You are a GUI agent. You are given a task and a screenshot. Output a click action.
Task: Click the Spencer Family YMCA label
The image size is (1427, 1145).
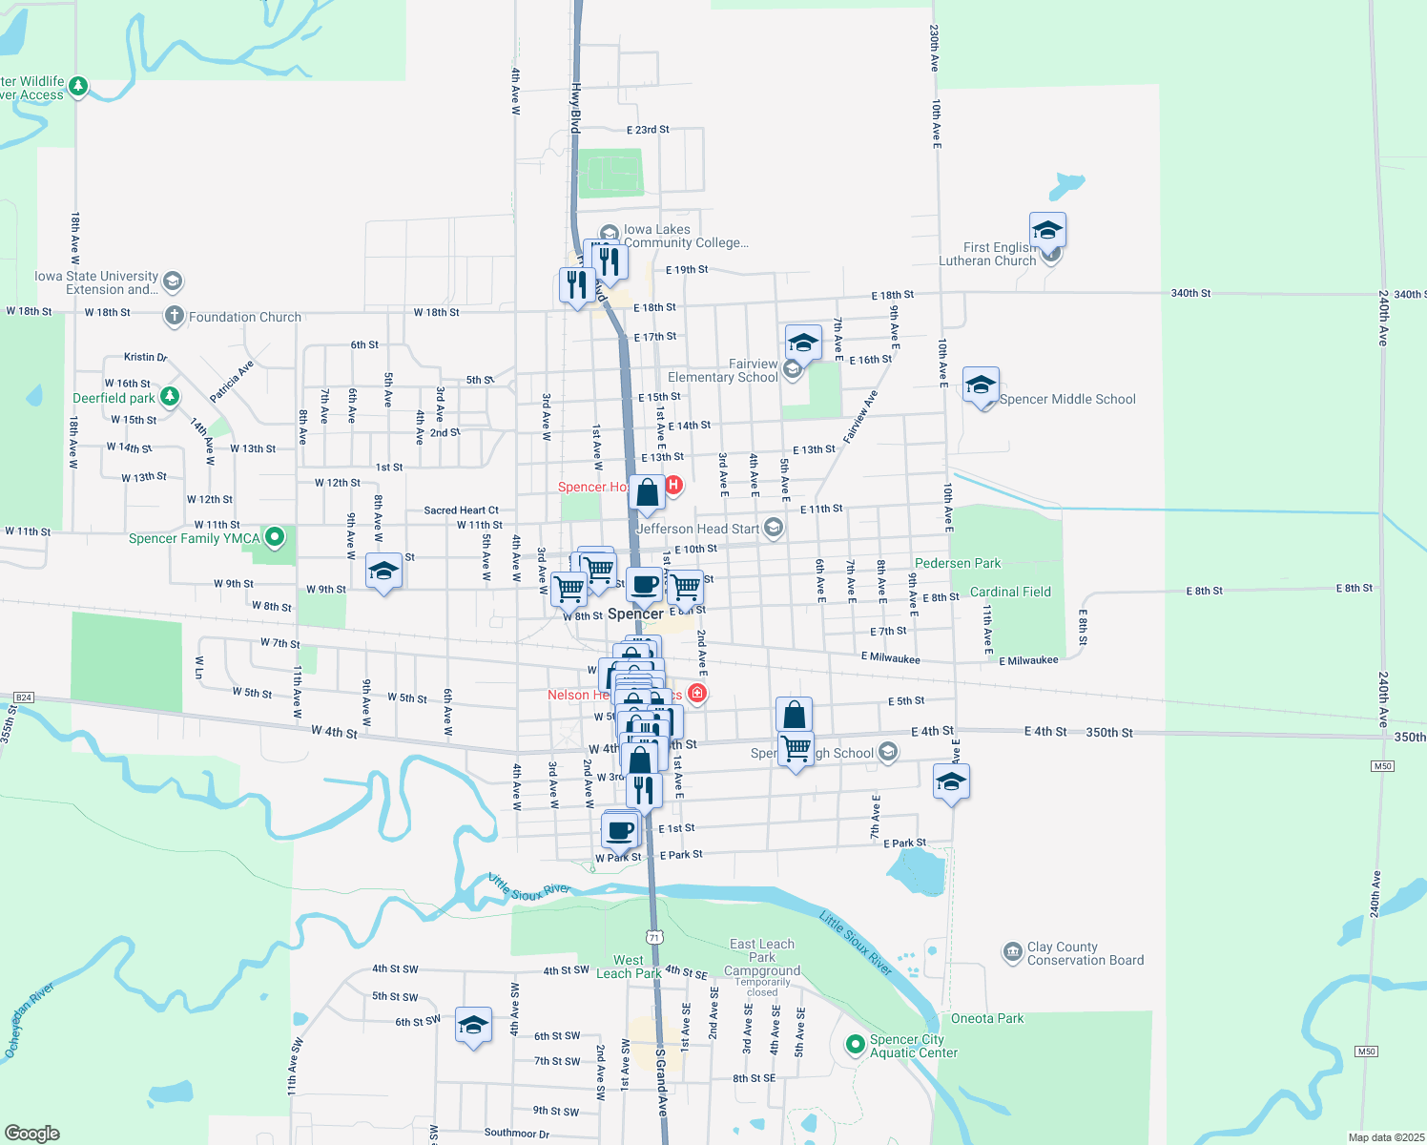point(195,539)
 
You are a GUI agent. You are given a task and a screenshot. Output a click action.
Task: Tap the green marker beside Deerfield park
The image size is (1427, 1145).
point(170,396)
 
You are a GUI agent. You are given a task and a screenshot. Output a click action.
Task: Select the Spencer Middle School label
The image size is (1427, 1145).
point(1067,400)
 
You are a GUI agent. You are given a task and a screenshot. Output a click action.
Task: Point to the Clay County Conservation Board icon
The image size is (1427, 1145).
point(1012,952)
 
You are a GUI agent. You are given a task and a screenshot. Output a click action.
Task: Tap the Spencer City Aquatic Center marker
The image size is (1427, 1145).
point(855,1045)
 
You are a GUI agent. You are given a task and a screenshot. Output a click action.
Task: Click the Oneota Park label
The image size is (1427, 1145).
point(987,1019)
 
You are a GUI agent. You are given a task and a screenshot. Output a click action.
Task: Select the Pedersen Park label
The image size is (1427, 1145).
point(958,564)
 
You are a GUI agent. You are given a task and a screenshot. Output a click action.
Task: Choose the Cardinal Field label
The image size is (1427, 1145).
point(1010,593)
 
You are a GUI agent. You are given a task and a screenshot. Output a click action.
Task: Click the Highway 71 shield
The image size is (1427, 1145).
point(653,937)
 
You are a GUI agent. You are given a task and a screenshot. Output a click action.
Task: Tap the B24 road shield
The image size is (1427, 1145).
point(24,697)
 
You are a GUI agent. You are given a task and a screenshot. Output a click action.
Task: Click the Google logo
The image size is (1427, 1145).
point(32,1134)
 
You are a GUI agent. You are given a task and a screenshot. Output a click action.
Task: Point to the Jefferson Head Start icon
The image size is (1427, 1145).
point(774,528)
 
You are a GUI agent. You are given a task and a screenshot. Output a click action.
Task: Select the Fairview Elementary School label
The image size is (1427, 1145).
point(723,371)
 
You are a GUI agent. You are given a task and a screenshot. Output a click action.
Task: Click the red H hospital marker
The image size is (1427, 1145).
point(673,485)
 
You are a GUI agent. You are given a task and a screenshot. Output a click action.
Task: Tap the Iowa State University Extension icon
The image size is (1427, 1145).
point(173,281)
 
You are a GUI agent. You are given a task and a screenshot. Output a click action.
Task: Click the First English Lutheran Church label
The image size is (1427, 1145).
point(987,254)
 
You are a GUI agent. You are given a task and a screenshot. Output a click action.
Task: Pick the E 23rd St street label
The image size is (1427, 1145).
point(648,130)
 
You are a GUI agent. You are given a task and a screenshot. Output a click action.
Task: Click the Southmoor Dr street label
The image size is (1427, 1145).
point(516,1134)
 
